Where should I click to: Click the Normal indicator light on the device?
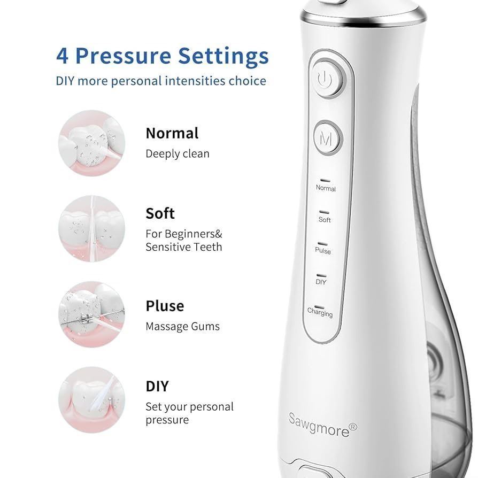point(325,181)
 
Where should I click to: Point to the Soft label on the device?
point(325,220)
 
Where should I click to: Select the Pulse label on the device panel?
point(323,251)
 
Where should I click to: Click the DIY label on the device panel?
point(321,282)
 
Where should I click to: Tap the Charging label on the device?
point(320,312)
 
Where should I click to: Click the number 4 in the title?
point(62,56)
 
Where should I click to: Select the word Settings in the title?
point(223,56)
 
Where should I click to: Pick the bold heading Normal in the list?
point(172,133)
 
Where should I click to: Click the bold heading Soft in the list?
point(160,213)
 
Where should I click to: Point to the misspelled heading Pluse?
point(165,306)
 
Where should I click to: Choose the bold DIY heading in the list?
point(157,386)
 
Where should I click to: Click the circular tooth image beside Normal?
point(91,143)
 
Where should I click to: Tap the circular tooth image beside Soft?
point(91,229)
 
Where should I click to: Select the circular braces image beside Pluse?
point(91,314)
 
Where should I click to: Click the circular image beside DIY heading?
point(91,399)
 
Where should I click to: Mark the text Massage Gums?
point(183,327)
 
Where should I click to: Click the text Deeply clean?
point(178,154)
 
